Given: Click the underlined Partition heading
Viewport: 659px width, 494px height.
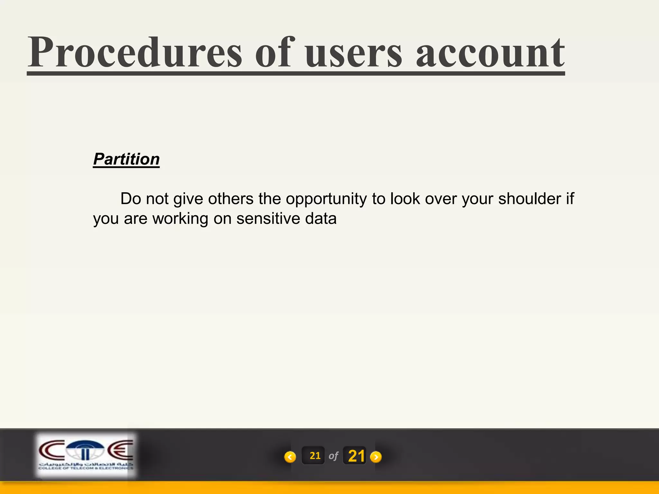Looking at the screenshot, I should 126,159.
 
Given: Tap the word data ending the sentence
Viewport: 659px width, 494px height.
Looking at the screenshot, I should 321,219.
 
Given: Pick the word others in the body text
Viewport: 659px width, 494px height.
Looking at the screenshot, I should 230,199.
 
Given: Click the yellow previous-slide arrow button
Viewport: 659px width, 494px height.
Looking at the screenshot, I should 290,457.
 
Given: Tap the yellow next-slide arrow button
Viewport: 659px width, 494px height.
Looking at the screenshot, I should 376,457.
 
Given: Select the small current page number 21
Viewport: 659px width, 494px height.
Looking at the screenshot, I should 315,456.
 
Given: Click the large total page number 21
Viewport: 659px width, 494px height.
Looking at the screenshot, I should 356,456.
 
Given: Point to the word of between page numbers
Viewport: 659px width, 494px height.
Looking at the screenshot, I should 333,456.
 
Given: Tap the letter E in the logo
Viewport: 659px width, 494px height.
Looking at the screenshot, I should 120,450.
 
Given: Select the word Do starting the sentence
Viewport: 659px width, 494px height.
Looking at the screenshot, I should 131,199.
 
